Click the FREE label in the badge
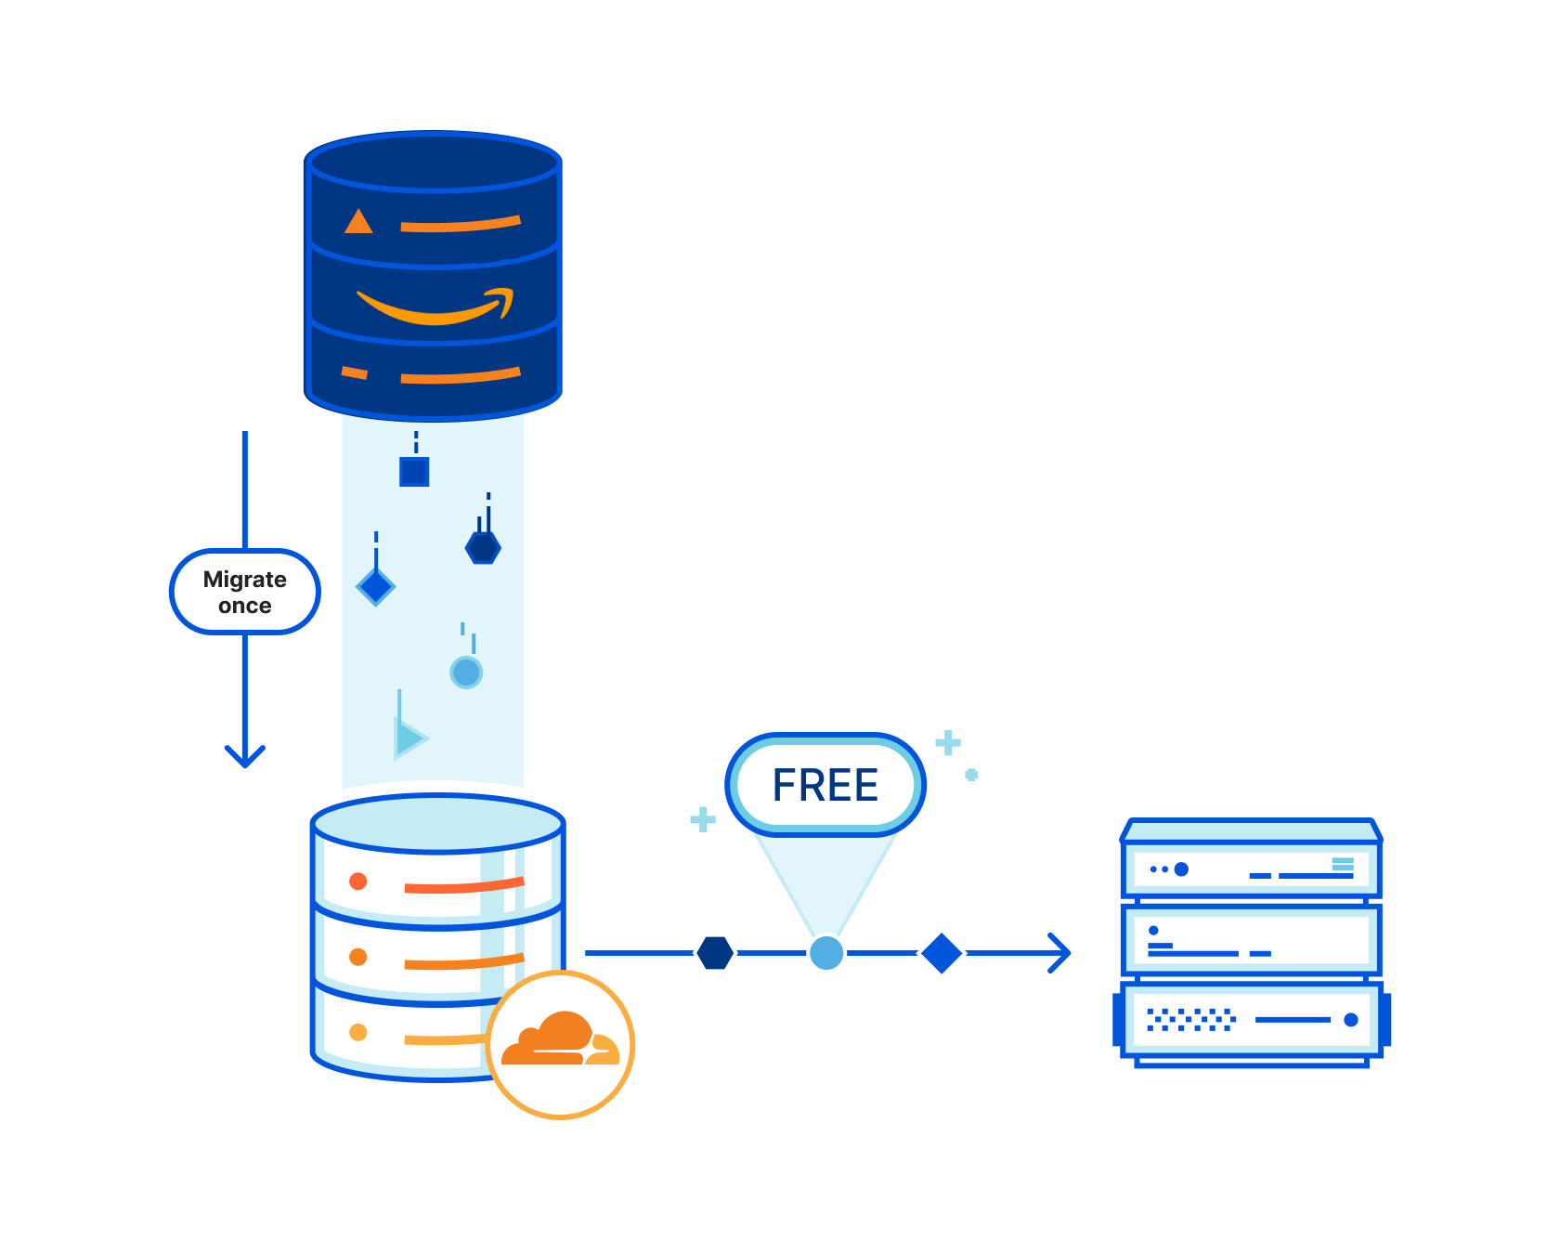pyautogui.click(x=825, y=785)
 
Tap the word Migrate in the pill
pyautogui.click(x=244, y=580)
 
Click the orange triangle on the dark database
pyautogui.click(x=358, y=222)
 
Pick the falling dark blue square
pyautogui.click(x=414, y=472)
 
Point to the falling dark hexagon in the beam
pyautogui.click(x=483, y=547)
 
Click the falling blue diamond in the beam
pyautogui.click(x=376, y=587)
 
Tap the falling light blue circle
pyautogui.click(x=466, y=672)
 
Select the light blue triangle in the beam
pyautogui.click(x=409, y=738)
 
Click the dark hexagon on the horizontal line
pyautogui.click(x=715, y=953)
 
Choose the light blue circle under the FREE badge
pyautogui.click(x=825, y=953)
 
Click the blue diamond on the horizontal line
pyautogui.click(x=942, y=953)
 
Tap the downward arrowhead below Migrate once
pyautogui.click(x=245, y=756)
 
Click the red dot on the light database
pyautogui.click(x=357, y=881)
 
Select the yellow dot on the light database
pyautogui.click(x=357, y=1032)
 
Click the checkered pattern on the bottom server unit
pyautogui.click(x=1190, y=1020)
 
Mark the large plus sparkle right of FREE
pyautogui.click(x=948, y=743)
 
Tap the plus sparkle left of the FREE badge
pyautogui.click(x=703, y=819)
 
